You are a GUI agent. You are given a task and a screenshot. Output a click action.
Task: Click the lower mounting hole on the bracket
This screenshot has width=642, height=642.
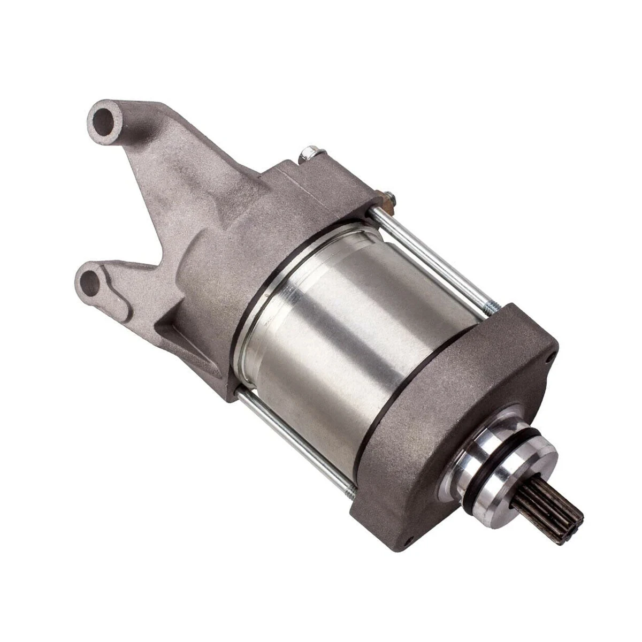92,282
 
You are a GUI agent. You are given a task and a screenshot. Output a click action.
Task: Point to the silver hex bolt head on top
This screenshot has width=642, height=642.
309,155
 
